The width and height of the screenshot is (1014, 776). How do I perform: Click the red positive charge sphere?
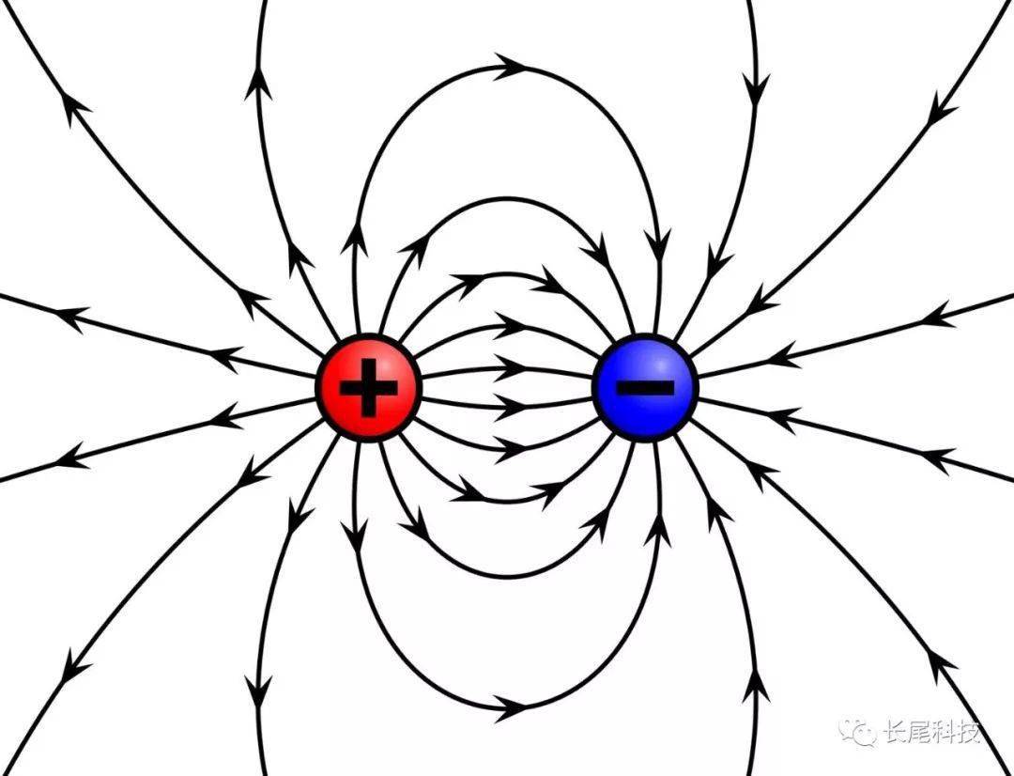(x=369, y=388)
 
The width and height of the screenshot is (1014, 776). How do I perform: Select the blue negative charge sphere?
(x=645, y=388)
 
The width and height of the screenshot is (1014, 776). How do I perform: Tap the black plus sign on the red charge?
(x=369, y=388)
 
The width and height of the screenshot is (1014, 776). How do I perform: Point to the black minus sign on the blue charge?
(x=645, y=388)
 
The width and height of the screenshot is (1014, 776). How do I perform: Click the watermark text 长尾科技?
(x=932, y=732)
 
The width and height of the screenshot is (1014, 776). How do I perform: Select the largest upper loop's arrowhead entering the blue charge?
(x=659, y=245)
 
